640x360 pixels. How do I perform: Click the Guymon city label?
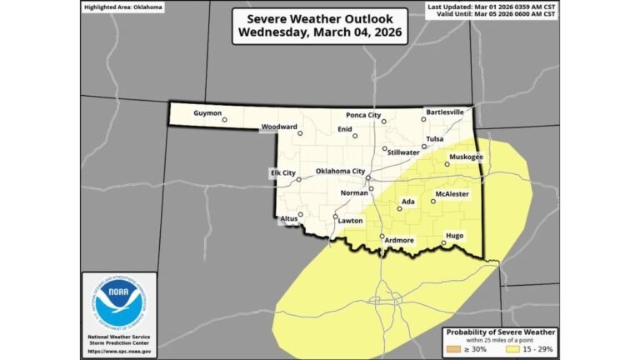pos(208,112)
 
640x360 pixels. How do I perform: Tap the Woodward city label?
pos(279,127)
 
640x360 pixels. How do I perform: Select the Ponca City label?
pos(362,114)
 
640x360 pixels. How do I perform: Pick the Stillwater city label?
pos(403,152)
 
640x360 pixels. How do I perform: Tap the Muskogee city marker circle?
pos(447,164)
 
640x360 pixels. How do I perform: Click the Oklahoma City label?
pos(340,171)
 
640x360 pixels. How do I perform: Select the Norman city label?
pos(355,192)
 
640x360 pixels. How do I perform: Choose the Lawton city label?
pos(351,221)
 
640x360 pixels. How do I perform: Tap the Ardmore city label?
pos(398,240)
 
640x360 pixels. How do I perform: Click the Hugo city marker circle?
pos(443,243)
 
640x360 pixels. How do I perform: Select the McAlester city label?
pos(452,193)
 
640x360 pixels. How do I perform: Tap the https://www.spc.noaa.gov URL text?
pos(119,351)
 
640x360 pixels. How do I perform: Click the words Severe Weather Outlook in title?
pos(319,17)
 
